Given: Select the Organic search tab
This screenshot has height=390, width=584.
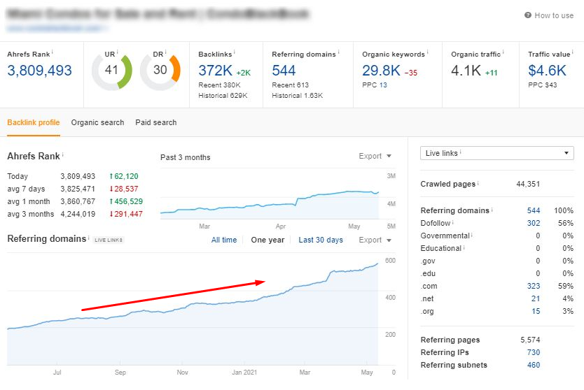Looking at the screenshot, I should click(97, 122).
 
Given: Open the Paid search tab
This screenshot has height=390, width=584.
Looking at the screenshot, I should click(156, 122).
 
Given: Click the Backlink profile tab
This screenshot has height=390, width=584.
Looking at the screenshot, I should click(33, 122).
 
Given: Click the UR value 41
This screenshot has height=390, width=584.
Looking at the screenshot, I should click(111, 70).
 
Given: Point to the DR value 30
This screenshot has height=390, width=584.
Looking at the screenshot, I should click(160, 70).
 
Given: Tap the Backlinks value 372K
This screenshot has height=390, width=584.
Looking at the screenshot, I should click(215, 71).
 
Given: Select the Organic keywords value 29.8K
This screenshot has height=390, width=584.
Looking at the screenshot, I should click(381, 71).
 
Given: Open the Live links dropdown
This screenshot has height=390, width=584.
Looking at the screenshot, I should click(496, 153).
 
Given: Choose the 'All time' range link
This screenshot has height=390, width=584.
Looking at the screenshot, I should click(224, 240).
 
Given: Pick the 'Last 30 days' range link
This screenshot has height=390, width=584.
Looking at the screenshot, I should click(321, 240).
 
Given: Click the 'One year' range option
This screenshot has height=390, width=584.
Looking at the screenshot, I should click(267, 240).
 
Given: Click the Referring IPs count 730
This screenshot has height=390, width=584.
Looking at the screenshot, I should click(533, 352).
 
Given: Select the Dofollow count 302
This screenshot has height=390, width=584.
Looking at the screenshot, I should click(533, 223).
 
